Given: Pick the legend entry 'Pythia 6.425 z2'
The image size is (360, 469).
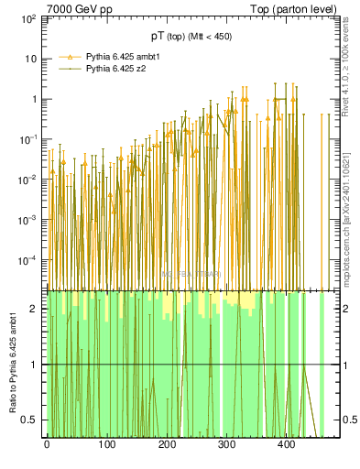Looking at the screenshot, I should (118, 68).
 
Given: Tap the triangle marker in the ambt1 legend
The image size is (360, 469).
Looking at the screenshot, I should (66, 56).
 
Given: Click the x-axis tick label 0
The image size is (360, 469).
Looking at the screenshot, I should (47, 445).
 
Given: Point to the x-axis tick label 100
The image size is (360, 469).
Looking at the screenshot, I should (106, 445).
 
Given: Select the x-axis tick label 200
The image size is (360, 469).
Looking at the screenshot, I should (167, 445).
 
